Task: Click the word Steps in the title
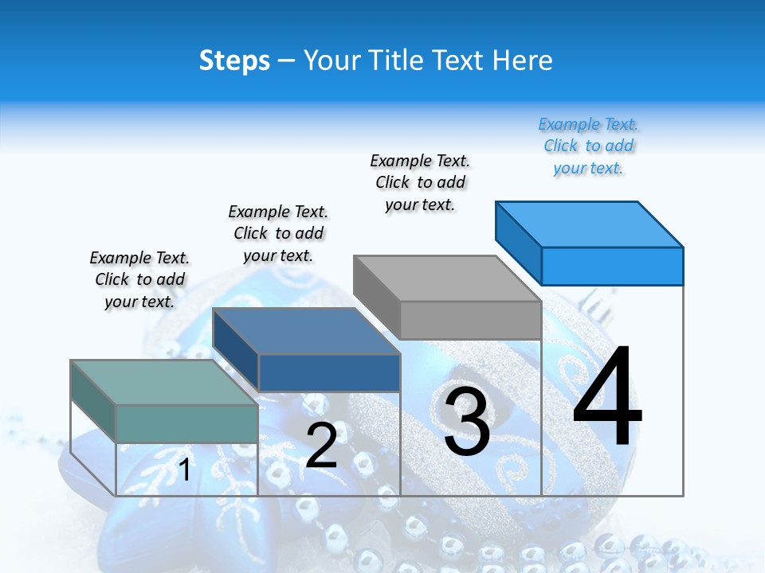pyautogui.click(x=234, y=61)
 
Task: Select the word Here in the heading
pyautogui.click(x=523, y=61)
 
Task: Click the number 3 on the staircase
pyautogui.click(x=467, y=421)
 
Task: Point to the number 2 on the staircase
pyautogui.click(x=321, y=446)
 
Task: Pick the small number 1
pyautogui.click(x=185, y=470)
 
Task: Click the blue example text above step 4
pyautogui.click(x=588, y=146)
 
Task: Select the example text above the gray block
pyautogui.click(x=420, y=182)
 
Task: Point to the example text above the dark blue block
pyautogui.click(x=278, y=233)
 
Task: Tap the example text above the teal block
pyautogui.click(x=139, y=279)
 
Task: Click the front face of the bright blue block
pyautogui.click(x=612, y=266)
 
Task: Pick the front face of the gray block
pyautogui.click(x=470, y=321)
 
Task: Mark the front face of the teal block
pyautogui.click(x=186, y=423)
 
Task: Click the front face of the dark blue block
pyautogui.click(x=328, y=372)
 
